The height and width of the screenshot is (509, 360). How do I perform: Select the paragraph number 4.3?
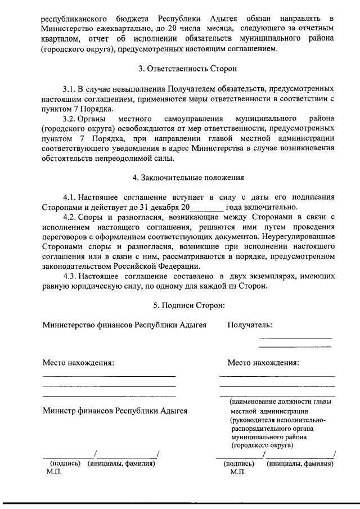[x=69, y=276]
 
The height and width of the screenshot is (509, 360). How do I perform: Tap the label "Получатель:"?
[x=250, y=325]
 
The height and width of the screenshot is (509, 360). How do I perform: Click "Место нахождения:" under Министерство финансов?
[x=78, y=362]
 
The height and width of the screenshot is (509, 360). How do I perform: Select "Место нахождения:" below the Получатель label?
[x=263, y=362]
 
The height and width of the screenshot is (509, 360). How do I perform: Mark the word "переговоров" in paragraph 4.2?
[x=67, y=237]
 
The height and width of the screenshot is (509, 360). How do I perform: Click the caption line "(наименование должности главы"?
[x=280, y=402]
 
